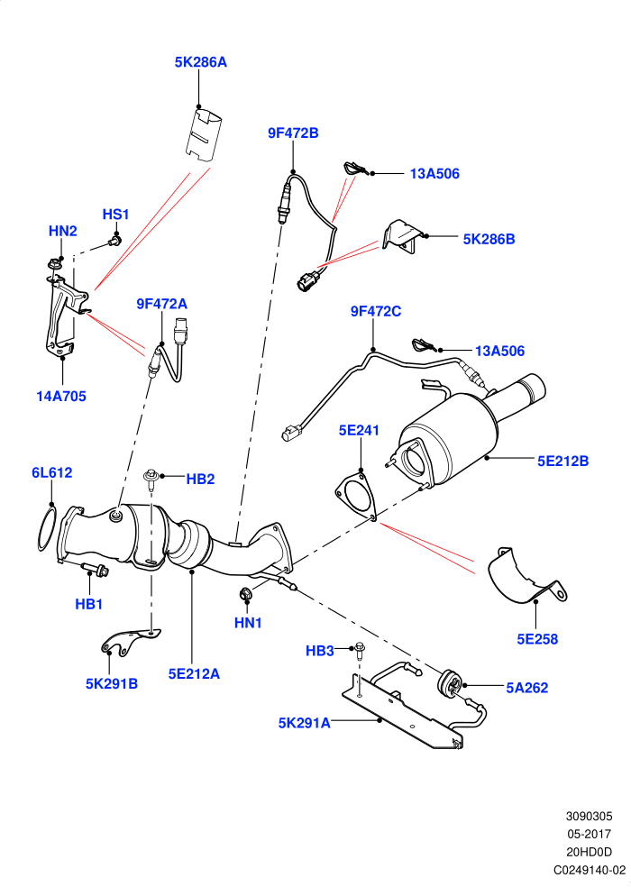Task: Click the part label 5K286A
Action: pyautogui.click(x=201, y=61)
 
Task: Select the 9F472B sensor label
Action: pyautogui.click(x=293, y=133)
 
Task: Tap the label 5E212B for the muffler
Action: pyautogui.click(x=563, y=461)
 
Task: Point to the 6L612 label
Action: pyautogui.click(x=52, y=472)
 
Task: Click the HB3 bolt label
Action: pyautogui.click(x=319, y=651)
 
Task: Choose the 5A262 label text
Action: pyautogui.click(x=527, y=688)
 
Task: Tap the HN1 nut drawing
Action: pyautogui.click(x=245, y=594)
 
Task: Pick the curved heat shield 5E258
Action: pyautogui.click(x=526, y=577)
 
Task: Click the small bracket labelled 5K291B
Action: pyautogui.click(x=131, y=640)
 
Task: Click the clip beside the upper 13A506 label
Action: pyautogui.click(x=356, y=169)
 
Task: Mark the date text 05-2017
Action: pyautogui.click(x=589, y=834)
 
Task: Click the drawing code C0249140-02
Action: pyautogui.click(x=590, y=870)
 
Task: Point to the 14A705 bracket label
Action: pyautogui.click(x=61, y=396)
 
